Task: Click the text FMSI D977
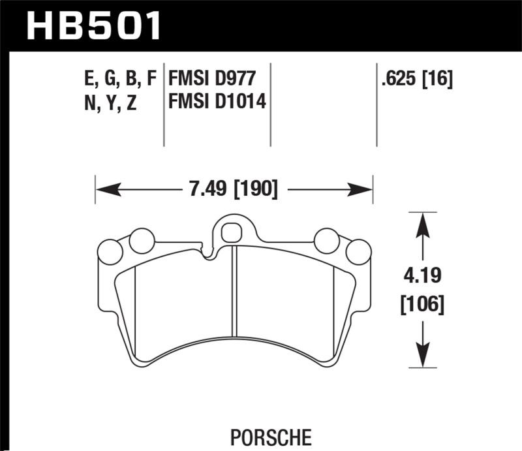point(210,80)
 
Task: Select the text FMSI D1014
point(217,102)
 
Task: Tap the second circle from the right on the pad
point(326,241)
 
